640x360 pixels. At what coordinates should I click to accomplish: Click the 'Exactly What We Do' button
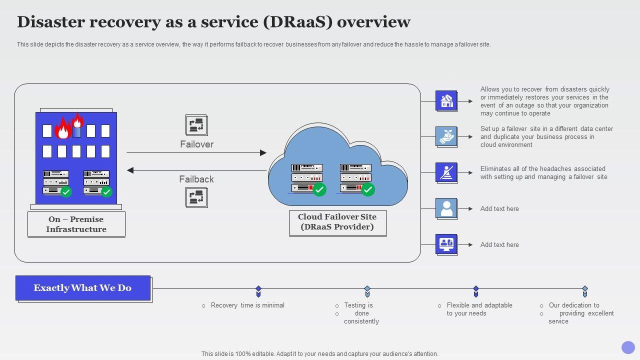click(83, 288)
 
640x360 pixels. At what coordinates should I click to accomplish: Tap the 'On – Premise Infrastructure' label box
click(76, 224)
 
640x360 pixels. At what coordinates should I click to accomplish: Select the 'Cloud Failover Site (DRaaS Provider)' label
click(337, 222)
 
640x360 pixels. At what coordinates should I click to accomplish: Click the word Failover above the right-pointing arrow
click(196, 144)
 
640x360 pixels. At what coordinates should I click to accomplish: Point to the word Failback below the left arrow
click(196, 179)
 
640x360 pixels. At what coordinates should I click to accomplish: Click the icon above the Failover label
click(196, 125)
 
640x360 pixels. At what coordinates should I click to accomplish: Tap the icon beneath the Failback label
click(196, 197)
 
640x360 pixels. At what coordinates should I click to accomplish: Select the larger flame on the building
click(62, 129)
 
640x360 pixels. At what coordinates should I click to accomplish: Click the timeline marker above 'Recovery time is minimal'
click(258, 289)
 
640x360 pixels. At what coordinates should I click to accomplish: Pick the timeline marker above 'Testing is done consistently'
click(367, 289)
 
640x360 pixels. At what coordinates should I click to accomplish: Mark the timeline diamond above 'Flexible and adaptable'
click(476, 289)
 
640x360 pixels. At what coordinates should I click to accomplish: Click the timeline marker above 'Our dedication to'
click(584, 289)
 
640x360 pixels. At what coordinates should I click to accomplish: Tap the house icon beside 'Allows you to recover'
click(446, 101)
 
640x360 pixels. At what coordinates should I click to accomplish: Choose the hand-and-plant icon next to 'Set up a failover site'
click(446, 136)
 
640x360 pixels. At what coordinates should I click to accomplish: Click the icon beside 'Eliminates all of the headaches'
click(446, 172)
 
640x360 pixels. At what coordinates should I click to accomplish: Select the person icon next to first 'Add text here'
click(446, 208)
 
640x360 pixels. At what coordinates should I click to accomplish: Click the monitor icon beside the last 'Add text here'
click(446, 244)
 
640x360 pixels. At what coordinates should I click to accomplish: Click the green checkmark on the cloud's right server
click(368, 189)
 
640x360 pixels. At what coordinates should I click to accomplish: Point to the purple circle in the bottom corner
click(628, 347)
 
